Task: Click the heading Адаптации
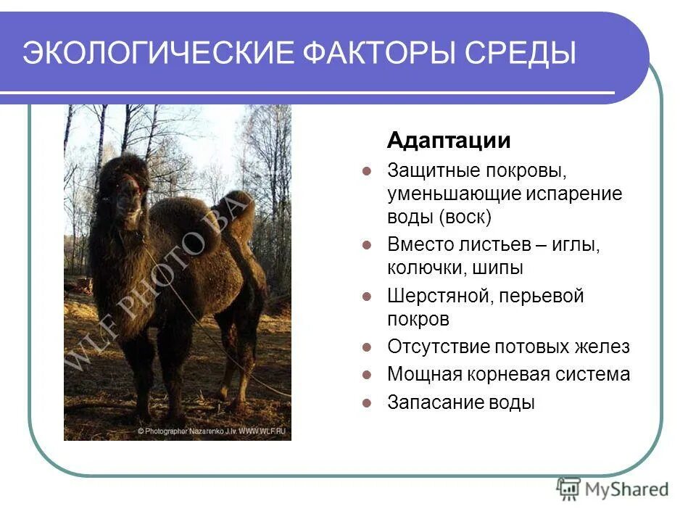[449, 140]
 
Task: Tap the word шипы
[497, 268]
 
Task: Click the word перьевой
[537, 297]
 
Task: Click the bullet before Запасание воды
[367, 402]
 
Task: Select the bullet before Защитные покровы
[367, 172]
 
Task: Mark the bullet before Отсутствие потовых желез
[367, 347]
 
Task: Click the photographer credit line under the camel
[212, 431]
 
